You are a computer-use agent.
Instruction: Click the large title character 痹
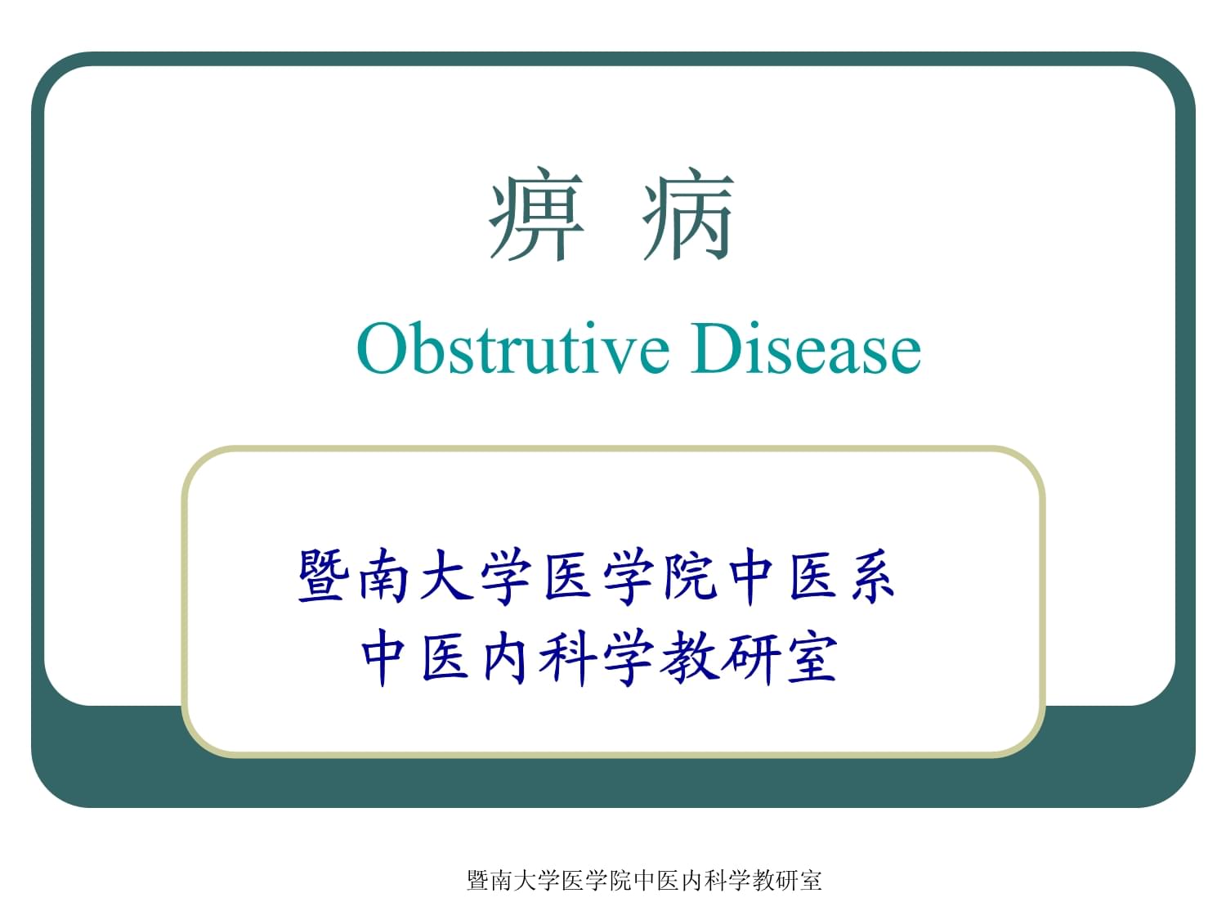pos(537,213)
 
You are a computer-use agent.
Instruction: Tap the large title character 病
pos(688,213)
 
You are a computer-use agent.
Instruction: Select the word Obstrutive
pos(512,348)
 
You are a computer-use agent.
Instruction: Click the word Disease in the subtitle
pos(806,348)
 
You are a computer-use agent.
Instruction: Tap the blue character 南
pos(383,576)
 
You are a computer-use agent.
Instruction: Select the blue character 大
pos(446,576)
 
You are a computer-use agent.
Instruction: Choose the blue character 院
pos(690,576)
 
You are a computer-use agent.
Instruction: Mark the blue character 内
pos(505,657)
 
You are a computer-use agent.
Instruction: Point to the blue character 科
pos(566,657)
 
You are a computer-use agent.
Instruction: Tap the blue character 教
pos(689,657)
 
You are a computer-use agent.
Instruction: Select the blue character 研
pos(749,657)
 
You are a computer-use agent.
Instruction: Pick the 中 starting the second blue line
pos(383,657)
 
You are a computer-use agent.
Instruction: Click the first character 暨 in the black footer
pos(479,881)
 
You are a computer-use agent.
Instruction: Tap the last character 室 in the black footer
pos(811,881)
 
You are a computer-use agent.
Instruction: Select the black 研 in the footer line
pos(787,881)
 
